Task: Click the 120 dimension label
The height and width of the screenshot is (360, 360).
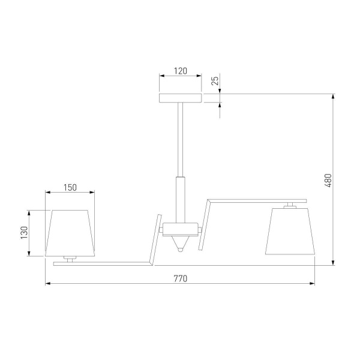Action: [x=181, y=71]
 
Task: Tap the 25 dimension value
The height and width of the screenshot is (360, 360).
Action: [x=215, y=81]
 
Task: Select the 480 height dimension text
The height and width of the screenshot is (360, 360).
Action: [x=328, y=181]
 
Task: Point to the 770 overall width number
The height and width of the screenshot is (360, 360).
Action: [x=181, y=278]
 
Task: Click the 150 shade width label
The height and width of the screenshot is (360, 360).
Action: [x=70, y=188]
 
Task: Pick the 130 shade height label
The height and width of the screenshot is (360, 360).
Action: [x=25, y=233]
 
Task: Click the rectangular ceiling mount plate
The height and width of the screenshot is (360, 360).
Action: [x=180, y=98]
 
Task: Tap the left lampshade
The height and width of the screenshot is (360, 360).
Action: [x=70, y=233]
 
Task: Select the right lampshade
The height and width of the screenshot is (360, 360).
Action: [x=290, y=231]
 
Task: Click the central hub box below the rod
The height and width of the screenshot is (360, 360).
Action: [x=180, y=229]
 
